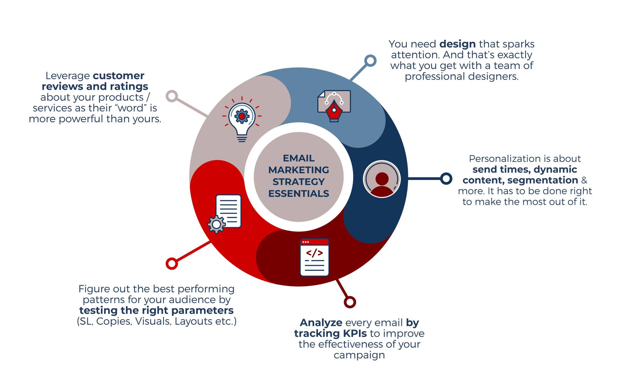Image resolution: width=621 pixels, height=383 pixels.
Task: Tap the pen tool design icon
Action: [x=334, y=106]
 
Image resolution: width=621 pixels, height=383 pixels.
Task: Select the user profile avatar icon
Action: [x=382, y=179]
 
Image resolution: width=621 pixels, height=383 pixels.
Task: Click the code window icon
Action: [x=314, y=257]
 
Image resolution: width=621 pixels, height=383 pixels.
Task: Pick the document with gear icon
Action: [x=225, y=214]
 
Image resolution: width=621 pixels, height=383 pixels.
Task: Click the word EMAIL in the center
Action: [x=299, y=158]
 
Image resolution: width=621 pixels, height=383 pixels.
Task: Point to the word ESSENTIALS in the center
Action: [x=299, y=194]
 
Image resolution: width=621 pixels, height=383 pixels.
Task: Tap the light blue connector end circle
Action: [x=370, y=61]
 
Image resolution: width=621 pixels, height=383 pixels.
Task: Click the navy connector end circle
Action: [x=446, y=179]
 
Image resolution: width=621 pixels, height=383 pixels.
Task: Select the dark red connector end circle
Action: [x=350, y=302]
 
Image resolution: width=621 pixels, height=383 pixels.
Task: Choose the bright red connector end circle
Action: [x=172, y=263]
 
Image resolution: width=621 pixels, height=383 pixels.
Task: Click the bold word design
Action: [x=457, y=44]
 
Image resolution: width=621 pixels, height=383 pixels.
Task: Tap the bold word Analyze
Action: [x=321, y=323]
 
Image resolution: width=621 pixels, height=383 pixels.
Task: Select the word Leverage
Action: [x=67, y=76]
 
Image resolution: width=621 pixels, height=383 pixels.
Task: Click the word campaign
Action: [x=359, y=355]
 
